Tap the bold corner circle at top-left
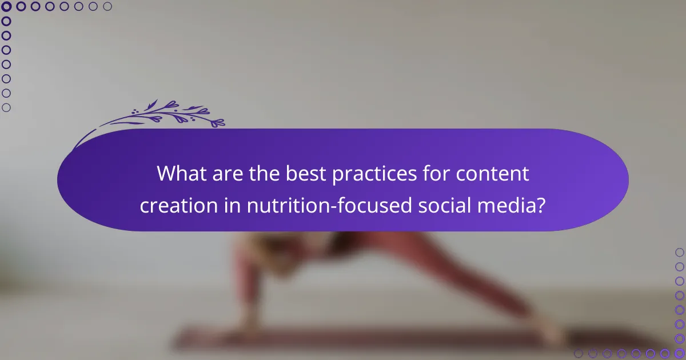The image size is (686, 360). click(x=6, y=7)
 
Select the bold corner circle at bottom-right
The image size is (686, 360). click(x=679, y=353)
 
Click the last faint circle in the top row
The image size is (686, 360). click(x=107, y=7)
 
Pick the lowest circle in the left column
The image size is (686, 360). click(x=6, y=107)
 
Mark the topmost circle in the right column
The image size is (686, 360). click(x=679, y=252)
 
